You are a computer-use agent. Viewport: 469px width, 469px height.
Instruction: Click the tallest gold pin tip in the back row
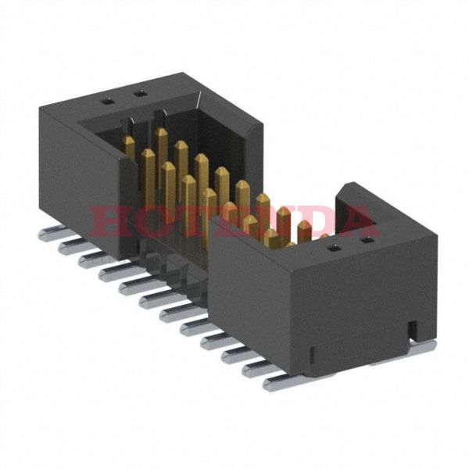point(162,134)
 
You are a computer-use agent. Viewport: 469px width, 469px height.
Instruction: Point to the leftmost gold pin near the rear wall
point(127,142)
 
